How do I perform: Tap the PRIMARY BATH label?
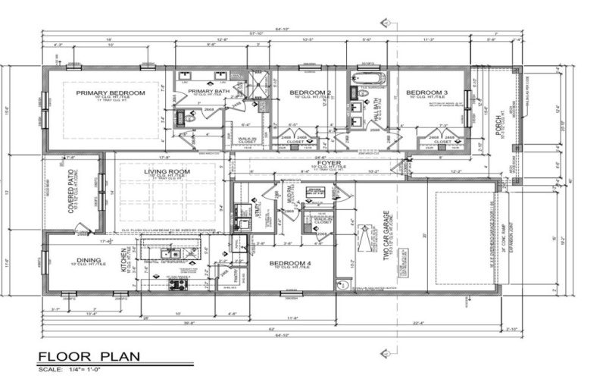[x=203, y=92]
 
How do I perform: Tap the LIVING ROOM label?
[x=167, y=173]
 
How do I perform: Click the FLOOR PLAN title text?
[x=88, y=357]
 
